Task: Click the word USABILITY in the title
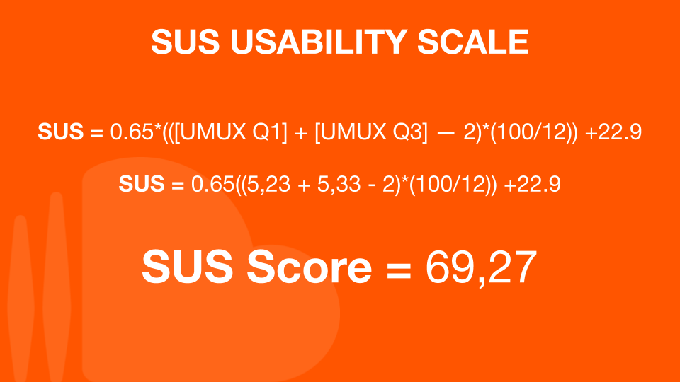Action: point(319,42)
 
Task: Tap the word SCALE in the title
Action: point(473,42)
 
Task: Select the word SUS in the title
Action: point(186,42)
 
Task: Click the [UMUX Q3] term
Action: point(370,132)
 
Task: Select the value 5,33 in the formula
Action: point(339,184)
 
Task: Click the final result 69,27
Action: point(481,267)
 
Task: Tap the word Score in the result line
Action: point(310,267)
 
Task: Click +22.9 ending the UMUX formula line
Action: point(613,132)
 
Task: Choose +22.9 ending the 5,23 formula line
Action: point(533,184)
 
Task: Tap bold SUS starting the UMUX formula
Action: point(61,132)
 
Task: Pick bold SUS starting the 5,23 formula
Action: point(142,184)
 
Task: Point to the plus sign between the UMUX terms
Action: point(301,132)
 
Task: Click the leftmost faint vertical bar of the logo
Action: point(21,299)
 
